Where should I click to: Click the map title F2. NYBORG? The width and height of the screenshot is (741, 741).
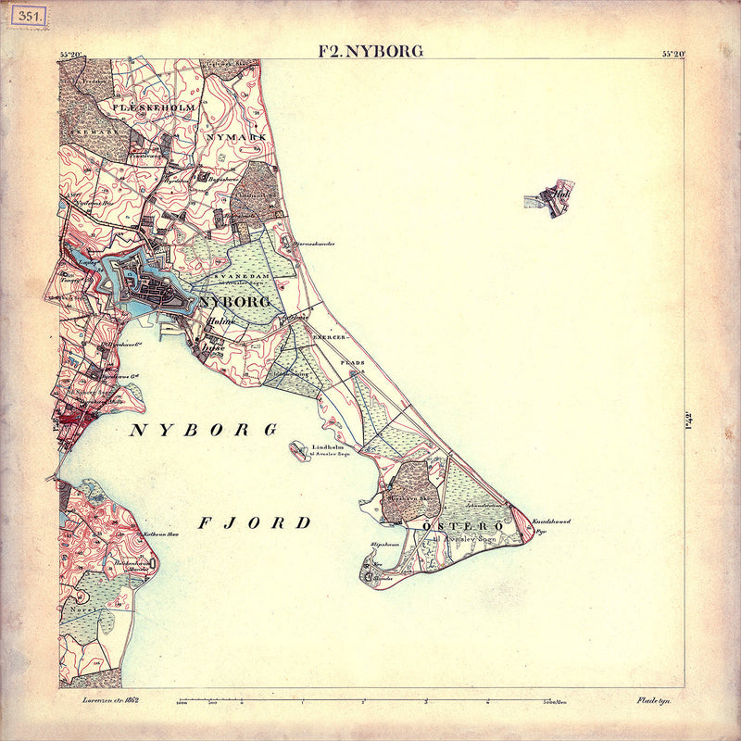tap(370, 51)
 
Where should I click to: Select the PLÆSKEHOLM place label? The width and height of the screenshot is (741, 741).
tap(154, 107)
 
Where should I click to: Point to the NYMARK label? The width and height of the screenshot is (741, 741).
tap(239, 136)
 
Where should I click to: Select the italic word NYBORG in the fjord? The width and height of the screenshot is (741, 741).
tap(204, 431)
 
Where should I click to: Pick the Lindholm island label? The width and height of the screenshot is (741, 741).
tap(328, 447)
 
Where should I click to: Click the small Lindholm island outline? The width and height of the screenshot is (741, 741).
tap(299, 451)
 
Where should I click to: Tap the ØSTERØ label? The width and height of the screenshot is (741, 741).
tap(449, 526)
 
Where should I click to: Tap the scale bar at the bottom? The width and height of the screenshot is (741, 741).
tap(370, 702)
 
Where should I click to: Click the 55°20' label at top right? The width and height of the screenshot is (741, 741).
tap(673, 53)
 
